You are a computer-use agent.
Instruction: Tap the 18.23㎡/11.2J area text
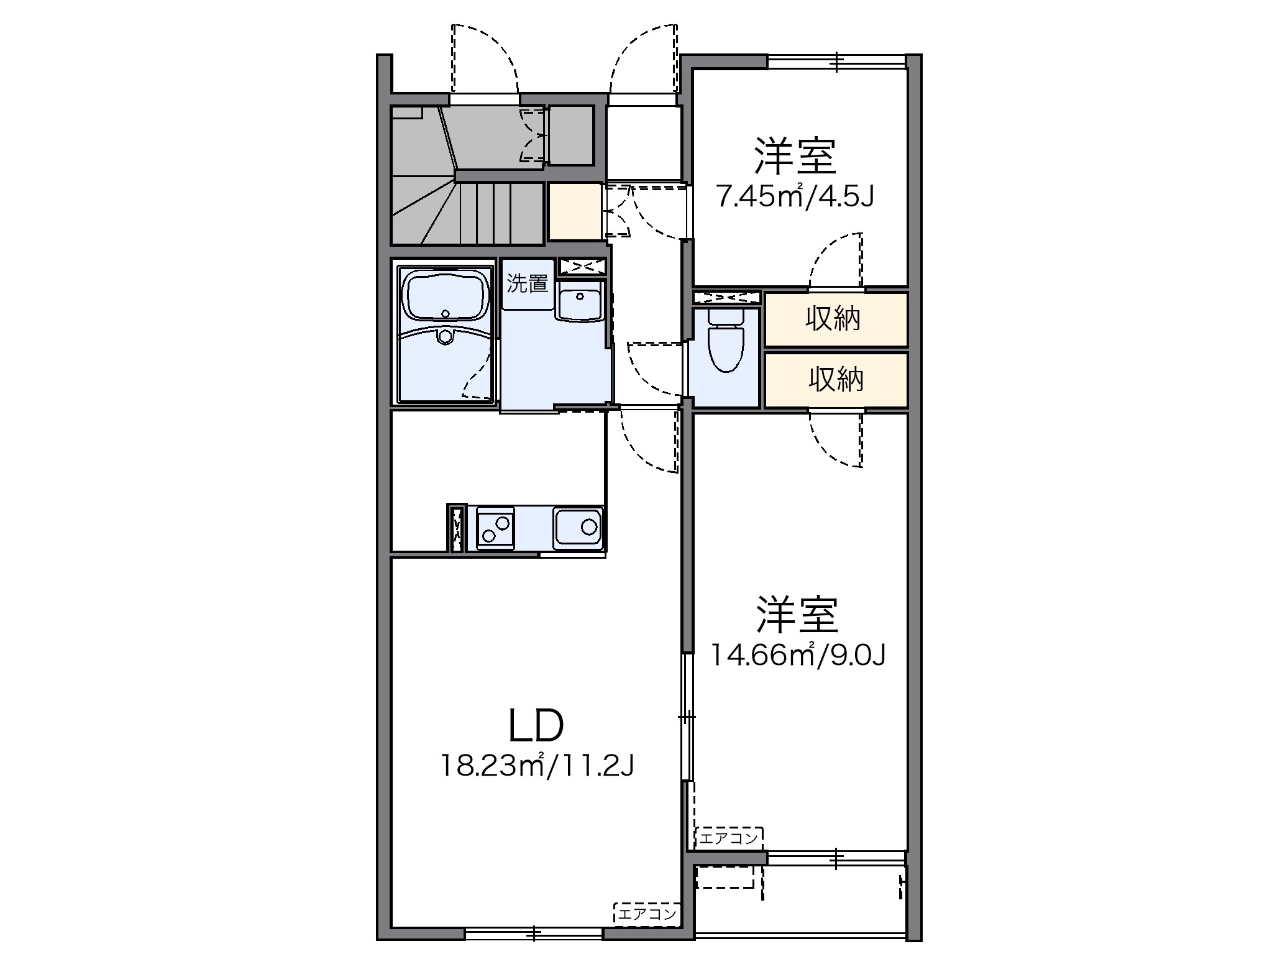tap(537, 766)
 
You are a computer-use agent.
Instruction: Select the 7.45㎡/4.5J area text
tap(795, 197)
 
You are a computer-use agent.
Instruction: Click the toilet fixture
tap(725, 341)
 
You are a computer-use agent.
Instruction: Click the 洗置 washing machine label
tap(527, 284)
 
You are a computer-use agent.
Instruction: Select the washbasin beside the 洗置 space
tap(580, 300)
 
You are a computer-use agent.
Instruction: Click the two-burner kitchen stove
tap(495, 528)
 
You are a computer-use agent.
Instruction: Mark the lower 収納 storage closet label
tap(836, 379)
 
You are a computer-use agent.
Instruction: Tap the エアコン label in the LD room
tap(646, 914)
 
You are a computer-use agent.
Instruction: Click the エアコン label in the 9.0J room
tap(729, 838)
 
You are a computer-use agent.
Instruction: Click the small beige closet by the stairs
tap(574, 211)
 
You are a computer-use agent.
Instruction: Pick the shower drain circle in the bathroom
tap(445, 337)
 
